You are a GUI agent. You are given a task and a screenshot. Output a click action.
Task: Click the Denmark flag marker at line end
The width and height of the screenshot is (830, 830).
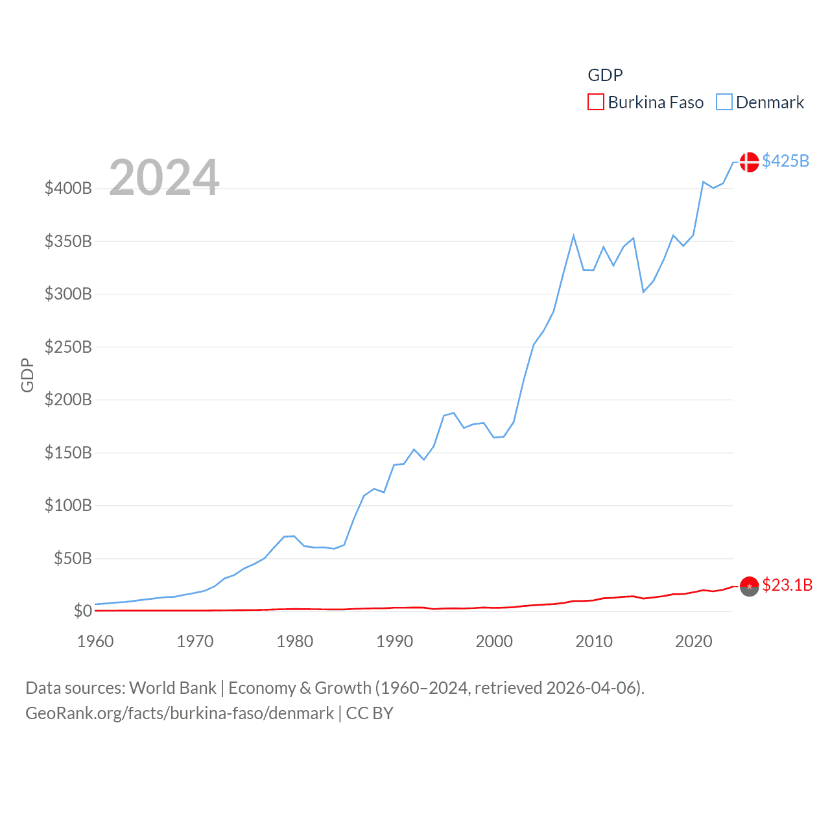[x=749, y=161]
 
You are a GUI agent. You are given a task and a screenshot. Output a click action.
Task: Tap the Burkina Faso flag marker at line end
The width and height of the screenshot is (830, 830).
[x=749, y=586]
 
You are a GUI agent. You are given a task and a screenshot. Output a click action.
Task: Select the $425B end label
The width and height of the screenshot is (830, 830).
[x=785, y=161]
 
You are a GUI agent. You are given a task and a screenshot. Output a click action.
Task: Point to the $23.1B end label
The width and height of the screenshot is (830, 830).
[x=787, y=585]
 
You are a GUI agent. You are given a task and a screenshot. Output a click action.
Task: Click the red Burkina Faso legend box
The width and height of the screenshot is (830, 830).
[x=595, y=102]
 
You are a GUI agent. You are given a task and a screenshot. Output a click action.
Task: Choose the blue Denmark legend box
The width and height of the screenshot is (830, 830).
[x=724, y=102]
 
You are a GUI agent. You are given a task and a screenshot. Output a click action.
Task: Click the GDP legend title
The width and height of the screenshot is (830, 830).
[x=605, y=75]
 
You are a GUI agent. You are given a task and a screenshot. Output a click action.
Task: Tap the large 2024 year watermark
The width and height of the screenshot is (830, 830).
[x=164, y=178]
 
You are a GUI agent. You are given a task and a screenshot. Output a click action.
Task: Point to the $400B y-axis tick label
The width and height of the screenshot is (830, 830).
[x=68, y=189]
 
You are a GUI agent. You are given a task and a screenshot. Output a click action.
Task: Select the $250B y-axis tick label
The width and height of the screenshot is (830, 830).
[x=68, y=347]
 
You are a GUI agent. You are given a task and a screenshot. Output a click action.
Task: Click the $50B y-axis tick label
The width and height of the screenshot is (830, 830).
[x=73, y=558]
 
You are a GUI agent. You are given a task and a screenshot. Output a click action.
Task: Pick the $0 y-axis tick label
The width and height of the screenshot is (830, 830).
[x=82, y=611]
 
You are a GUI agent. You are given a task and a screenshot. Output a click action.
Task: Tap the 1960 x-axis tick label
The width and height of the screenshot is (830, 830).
[x=95, y=641]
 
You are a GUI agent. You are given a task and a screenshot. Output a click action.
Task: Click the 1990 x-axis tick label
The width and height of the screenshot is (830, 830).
[x=394, y=641]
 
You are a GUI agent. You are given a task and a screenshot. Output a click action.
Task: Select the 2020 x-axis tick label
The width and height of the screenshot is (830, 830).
[x=693, y=641]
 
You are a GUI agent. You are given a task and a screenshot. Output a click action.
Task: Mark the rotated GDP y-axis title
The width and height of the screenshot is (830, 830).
[x=27, y=375]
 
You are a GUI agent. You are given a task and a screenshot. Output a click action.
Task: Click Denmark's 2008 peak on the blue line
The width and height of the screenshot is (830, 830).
[x=573, y=236]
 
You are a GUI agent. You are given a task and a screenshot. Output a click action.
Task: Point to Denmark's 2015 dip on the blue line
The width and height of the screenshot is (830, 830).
[x=643, y=292]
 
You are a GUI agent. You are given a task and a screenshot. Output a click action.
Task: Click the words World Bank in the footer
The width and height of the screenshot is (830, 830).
[x=172, y=688]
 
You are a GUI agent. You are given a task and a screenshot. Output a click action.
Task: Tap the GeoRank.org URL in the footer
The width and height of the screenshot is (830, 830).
[x=180, y=713]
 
